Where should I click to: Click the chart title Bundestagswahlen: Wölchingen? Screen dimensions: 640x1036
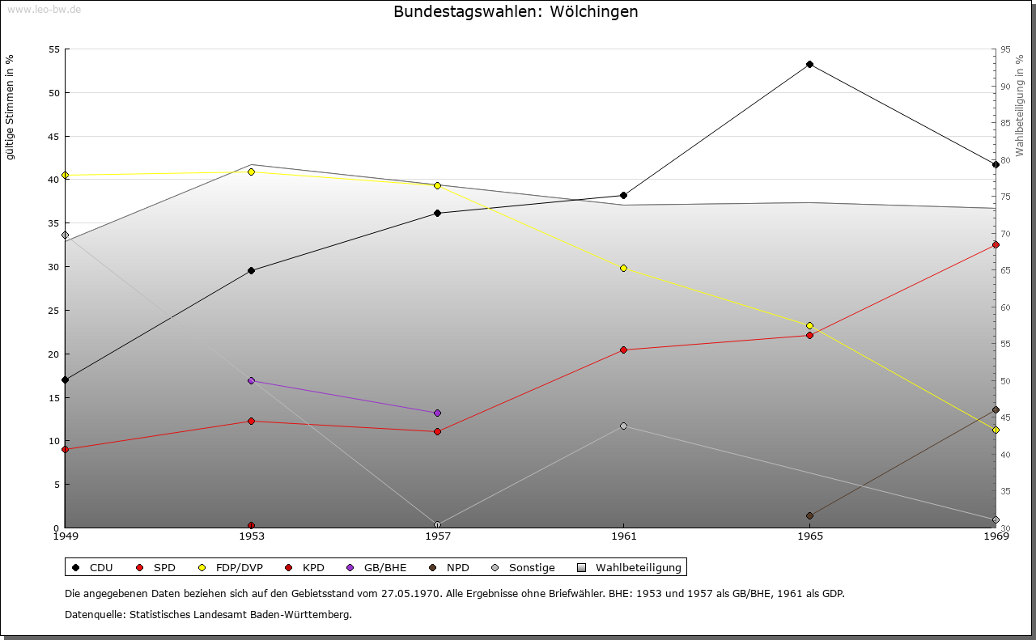click(x=516, y=11)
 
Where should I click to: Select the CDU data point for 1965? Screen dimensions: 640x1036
click(x=809, y=64)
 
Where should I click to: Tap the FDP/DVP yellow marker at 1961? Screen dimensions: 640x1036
click(x=623, y=268)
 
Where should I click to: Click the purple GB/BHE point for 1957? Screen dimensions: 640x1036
click(x=437, y=413)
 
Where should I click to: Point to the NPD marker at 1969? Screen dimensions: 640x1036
click(x=996, y=409)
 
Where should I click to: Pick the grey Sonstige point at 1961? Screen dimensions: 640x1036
click(x=623, y=426)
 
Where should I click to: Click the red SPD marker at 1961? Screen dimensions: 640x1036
click(x=623, y=350)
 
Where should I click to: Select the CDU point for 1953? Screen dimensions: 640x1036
click(x=251, y=270)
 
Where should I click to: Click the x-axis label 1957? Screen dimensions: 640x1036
click(x=437, y=536)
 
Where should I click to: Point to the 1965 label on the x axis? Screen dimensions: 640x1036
click(x=809, y=536)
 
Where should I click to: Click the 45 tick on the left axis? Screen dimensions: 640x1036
click(x=55, y=136)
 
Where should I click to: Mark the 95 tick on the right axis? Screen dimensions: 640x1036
click(x=1004, y=49)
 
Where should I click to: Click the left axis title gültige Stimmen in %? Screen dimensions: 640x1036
click(x=11, y=107)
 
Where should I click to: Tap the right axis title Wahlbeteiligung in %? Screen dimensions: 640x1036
click(x=1020, y=106)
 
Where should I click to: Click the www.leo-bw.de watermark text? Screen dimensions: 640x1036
click(x=44, y=10)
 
